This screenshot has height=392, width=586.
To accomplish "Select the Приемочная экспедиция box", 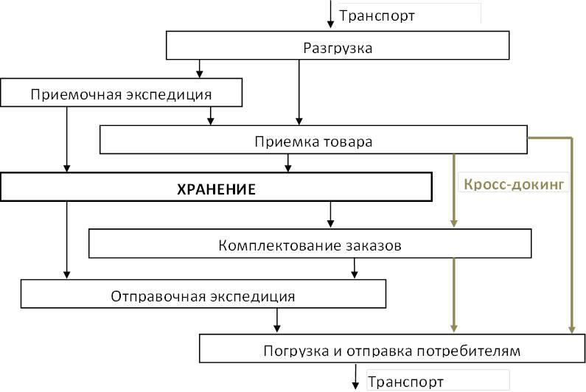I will coord(122,94).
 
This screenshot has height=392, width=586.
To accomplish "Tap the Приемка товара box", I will coord(313,140).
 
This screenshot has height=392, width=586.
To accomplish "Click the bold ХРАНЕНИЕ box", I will coord(216,189).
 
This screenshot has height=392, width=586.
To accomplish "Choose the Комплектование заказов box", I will coord(310,245).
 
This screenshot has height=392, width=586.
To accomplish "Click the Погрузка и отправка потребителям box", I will coord(391,350).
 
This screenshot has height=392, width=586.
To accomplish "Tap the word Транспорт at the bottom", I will coord(405,382).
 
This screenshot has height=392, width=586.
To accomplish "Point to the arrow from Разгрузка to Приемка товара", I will coord(299,92).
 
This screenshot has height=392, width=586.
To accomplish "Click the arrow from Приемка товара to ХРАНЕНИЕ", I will coord(288,164).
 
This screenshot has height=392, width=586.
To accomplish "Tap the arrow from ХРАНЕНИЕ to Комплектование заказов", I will coord(330,214).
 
